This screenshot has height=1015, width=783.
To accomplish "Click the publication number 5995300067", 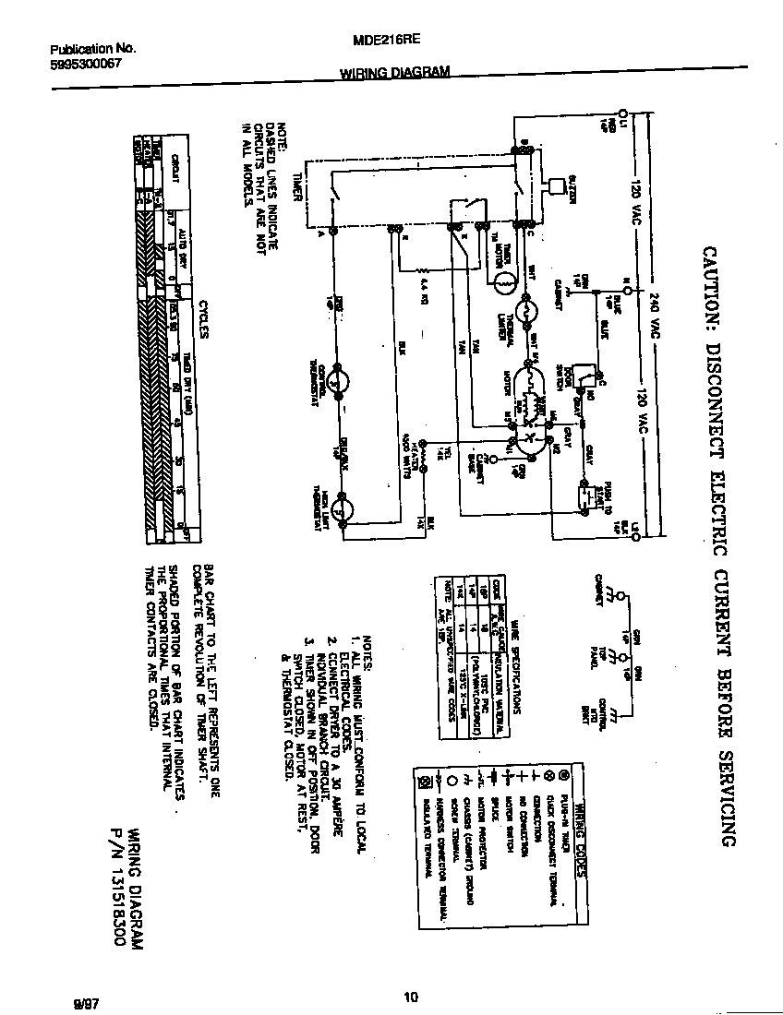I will coord(85,65).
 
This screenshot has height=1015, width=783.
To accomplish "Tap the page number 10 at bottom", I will coord(412,997).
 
